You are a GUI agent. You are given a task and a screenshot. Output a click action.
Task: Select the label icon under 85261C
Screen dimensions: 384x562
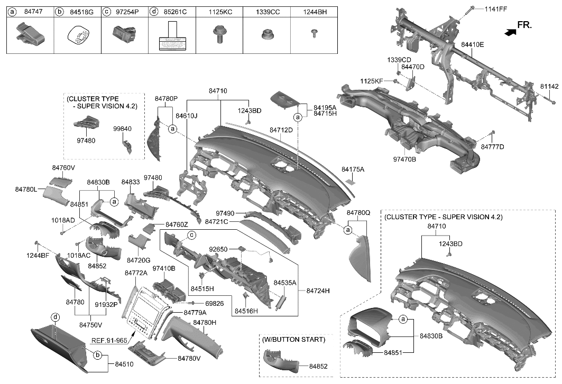click(x=171, y=36)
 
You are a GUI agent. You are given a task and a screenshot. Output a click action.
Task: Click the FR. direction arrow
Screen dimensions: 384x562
click(x=510, y=32)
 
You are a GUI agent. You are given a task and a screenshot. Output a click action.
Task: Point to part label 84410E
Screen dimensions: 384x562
click(x=472, y=45)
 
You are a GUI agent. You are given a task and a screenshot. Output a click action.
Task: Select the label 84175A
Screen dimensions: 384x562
click(x=353, y=170)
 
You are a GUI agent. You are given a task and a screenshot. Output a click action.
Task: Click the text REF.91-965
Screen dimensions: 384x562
click(x=109, y=341)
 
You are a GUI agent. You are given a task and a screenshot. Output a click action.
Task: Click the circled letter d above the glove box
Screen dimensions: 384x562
click(x=54, y=317)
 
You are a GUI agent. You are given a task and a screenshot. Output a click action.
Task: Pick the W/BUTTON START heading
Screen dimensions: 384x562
click(x=294, y=339)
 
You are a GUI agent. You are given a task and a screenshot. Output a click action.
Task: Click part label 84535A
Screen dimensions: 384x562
click(x=285, y=284)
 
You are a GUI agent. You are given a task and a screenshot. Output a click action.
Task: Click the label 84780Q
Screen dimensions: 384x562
click(x=358, y=212)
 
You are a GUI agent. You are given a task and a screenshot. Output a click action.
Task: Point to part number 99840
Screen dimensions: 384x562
click(x=122, y=128)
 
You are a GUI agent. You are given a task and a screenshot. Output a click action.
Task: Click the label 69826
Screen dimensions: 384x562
click(x=214, y=304)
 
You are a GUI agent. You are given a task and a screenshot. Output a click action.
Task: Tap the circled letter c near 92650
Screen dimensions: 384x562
click(x=192, y=235)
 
